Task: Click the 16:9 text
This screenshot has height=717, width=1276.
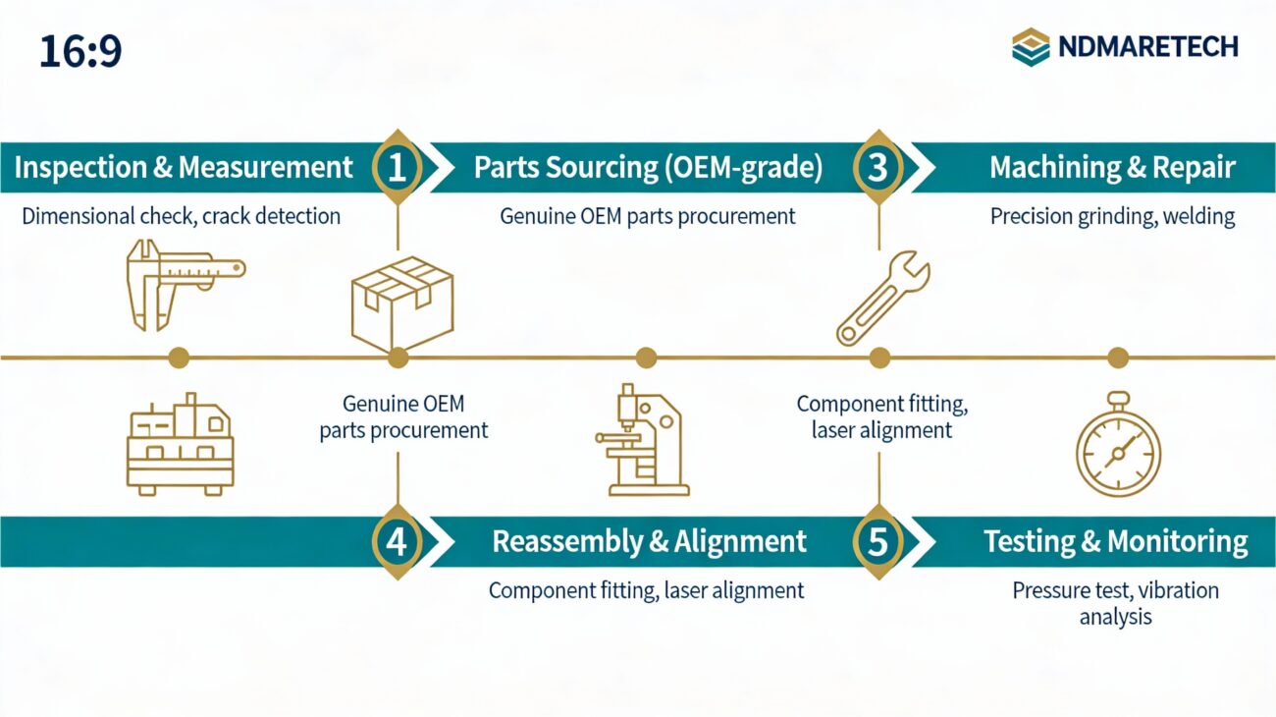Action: click(x=80, y=52)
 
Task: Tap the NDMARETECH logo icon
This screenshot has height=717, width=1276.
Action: click(x=1031, y=47)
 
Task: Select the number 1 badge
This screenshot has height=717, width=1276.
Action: click(x=398, y=168)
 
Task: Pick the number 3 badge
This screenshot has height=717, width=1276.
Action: click(x=878, y=168)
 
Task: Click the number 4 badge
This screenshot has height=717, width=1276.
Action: click(x=398, y=541)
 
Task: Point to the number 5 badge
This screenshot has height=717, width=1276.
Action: click(x=878, y=541)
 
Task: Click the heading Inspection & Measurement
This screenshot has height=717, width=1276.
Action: click(x=184, y=168)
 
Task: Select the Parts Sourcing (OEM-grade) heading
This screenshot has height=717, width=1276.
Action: click(x=648, y=168)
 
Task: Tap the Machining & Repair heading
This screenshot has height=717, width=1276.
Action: click(x=1111, y=168)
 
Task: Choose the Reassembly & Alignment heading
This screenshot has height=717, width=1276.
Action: click(x=649, y=541)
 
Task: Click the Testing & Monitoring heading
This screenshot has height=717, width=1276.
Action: click(x=1116, y=541)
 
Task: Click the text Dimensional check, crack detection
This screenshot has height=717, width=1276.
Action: click(x=182, y=216)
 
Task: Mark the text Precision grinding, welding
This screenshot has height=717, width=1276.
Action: click(x=1112, y=216)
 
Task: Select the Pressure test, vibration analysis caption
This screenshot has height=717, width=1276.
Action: click(x=1115, y=603)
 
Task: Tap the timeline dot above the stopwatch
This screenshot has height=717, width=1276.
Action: click(x=1118, y=358)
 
